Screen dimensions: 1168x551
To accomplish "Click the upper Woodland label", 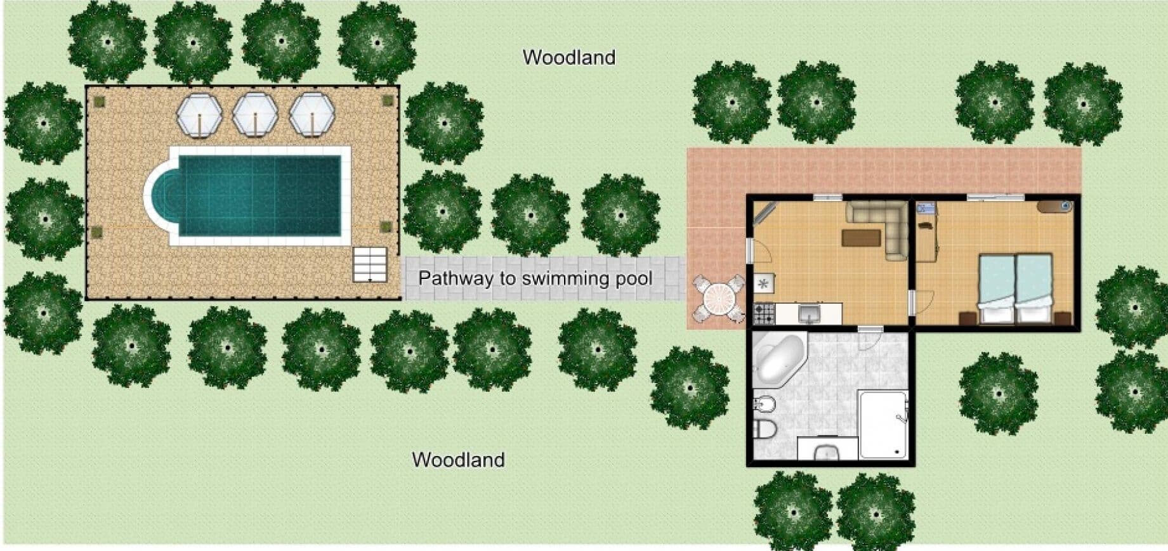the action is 569,57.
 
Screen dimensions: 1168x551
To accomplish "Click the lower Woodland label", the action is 458,460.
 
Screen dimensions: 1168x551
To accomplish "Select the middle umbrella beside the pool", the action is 255,114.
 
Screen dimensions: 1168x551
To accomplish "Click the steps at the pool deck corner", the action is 370,264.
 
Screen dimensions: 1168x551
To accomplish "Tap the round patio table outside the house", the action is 718,297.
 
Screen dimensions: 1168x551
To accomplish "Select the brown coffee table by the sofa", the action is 861,237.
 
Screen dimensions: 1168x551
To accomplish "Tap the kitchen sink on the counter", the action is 809,313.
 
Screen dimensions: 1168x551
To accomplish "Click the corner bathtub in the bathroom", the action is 779,358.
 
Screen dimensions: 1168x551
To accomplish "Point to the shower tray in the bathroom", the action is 883,424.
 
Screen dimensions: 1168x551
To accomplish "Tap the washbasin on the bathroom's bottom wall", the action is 827,451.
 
